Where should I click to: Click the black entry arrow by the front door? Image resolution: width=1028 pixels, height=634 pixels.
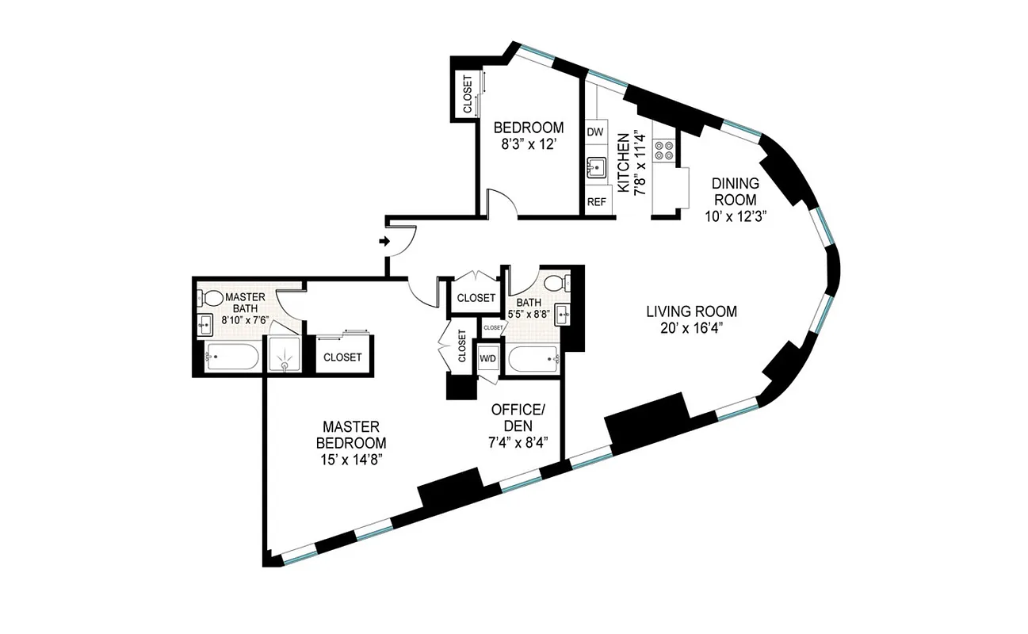point(385,242)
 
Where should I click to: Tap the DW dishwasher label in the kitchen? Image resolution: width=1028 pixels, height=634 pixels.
point(595,132)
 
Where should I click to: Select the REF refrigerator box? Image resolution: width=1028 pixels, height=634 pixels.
point(596,202)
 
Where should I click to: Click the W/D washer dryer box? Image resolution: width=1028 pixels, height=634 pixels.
point(487,359)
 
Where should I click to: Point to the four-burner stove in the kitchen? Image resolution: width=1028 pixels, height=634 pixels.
point(664,151)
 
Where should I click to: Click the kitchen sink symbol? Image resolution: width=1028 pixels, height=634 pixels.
point(596,167)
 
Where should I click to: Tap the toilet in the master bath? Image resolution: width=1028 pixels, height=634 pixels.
point(212,300)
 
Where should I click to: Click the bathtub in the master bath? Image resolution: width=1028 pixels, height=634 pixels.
point(231,358)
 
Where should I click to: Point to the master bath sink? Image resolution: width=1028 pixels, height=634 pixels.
point(204,323)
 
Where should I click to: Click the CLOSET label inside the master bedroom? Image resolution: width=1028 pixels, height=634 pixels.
point(342,357)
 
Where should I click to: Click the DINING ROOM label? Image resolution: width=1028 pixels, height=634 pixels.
point(734,191)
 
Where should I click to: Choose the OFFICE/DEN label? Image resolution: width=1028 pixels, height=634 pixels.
point(518,418)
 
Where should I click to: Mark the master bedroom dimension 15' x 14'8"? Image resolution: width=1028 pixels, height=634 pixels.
point(351,459)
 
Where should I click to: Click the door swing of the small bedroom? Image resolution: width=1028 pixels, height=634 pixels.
point(503,203)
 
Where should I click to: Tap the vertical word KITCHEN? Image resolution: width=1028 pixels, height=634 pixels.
point(623,162)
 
